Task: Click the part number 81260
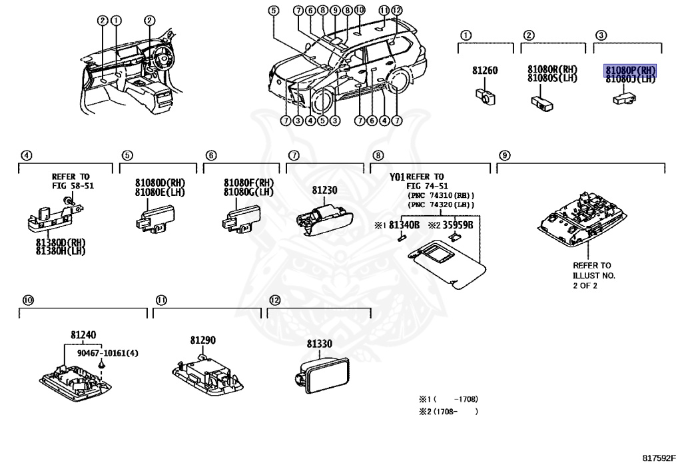pos(485,70)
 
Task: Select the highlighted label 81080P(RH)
pos(629,69)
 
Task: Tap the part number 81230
pos(325,191)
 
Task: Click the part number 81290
pos(202,340)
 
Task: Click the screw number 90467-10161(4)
pos(107,353)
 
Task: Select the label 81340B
pos(404,225)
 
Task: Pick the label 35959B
pos(458,225)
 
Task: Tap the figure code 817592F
pos(659,458)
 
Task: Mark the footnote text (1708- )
pos(456,412)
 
